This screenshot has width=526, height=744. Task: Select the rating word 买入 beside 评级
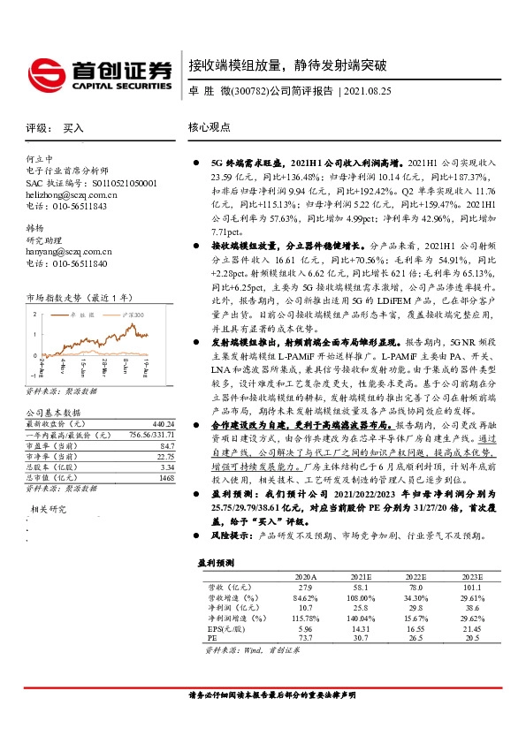point(73,128)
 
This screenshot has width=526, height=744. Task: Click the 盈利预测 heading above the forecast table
point(217,561)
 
